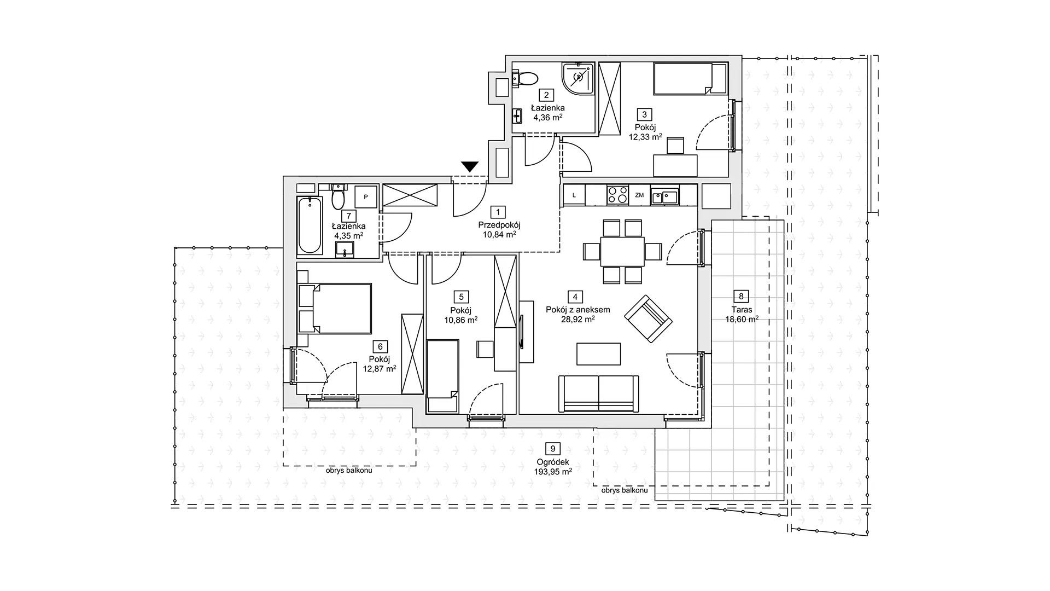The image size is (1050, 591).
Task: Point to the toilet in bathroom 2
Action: tap(526, 79)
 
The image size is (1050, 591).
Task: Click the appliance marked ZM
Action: tap(639, 195)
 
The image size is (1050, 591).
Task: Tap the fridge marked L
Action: tap(574, 195)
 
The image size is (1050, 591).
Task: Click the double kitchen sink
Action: tap(664, 196)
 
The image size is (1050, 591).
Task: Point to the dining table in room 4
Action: tap(622, 251)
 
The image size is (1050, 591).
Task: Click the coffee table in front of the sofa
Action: tap(599, 354)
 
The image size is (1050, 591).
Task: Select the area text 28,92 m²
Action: tap(578, 320)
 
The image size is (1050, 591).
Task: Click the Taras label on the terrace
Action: tap(742, 310)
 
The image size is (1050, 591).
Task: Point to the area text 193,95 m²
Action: tap(553, 471)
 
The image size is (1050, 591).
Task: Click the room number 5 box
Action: tap(462, 297)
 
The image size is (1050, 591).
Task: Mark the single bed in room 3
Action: tap(691, 78)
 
